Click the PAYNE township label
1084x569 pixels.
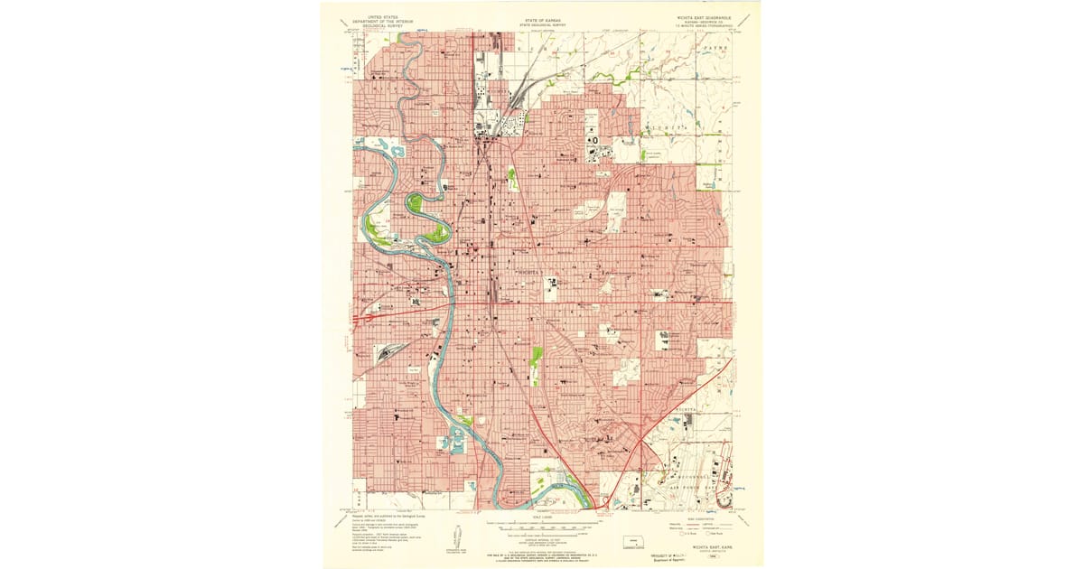pos(712,43)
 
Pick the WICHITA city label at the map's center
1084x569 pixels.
pos(527,271)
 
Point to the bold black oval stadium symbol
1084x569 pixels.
pos(594,139)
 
